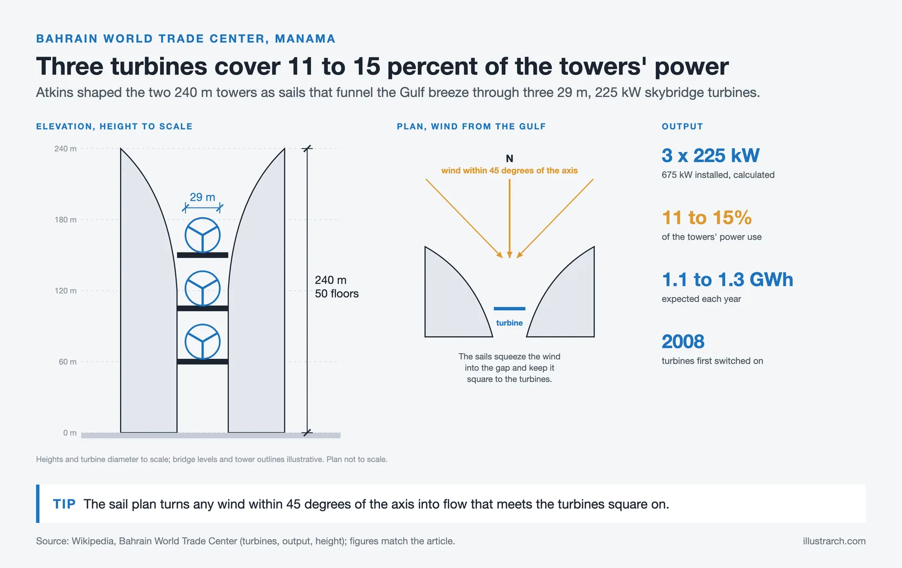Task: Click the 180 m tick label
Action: click(x=65, y=220)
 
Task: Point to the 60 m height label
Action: click(x=67, y=362)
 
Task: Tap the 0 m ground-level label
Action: click(x=70, y=433)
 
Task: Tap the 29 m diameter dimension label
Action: click(x=202, y=197)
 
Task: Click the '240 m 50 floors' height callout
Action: click(x=337, y=287)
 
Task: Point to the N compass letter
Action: click(x=510, y=158)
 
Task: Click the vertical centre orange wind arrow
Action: click(x=510, y=218)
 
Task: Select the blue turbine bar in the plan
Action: click(x=510, y=309)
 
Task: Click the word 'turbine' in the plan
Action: click(x=510, y=323)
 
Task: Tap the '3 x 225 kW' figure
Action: click(x=710, y=156)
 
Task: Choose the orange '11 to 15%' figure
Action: click(x=707, y=218)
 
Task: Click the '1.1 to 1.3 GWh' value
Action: click(x=727, y=279)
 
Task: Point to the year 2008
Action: click(x=683, y=342)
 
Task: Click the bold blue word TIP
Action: click(x=64, y=504)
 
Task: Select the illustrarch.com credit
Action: click(x=834, y=542)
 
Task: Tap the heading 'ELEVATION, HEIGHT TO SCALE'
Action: click(x=114, y=126)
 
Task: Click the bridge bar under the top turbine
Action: click(x=202, y=255)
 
